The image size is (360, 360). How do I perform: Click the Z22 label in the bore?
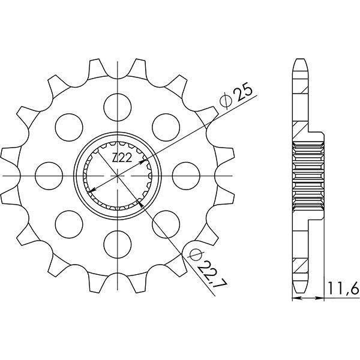pos(122,158)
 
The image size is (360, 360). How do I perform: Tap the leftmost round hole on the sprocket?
pos(47,175)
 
